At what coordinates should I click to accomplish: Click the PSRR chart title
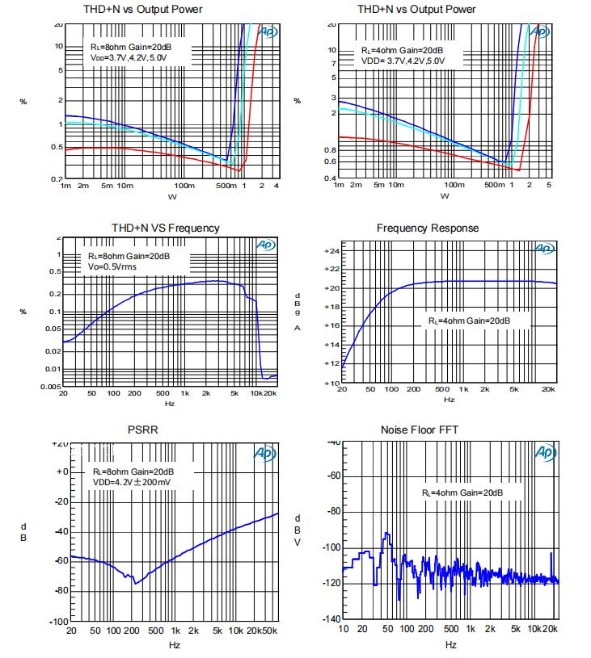pos(143,430)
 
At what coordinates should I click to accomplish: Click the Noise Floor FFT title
pos(419,430)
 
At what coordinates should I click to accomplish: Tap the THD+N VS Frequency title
pos(165,228)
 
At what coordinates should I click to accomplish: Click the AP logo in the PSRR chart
pos(265,454)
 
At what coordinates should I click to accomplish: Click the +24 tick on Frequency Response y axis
pos(331,251)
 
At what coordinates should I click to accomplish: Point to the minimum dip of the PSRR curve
pos(136,583)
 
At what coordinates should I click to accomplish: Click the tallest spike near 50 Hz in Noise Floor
pos(387,534)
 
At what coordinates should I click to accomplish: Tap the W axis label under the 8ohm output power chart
pos(171,197)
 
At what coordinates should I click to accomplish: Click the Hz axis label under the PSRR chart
pos(174,645)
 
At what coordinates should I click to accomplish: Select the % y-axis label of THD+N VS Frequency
pos(23,312)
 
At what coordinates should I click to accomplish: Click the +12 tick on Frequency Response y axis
pos(331,364)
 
